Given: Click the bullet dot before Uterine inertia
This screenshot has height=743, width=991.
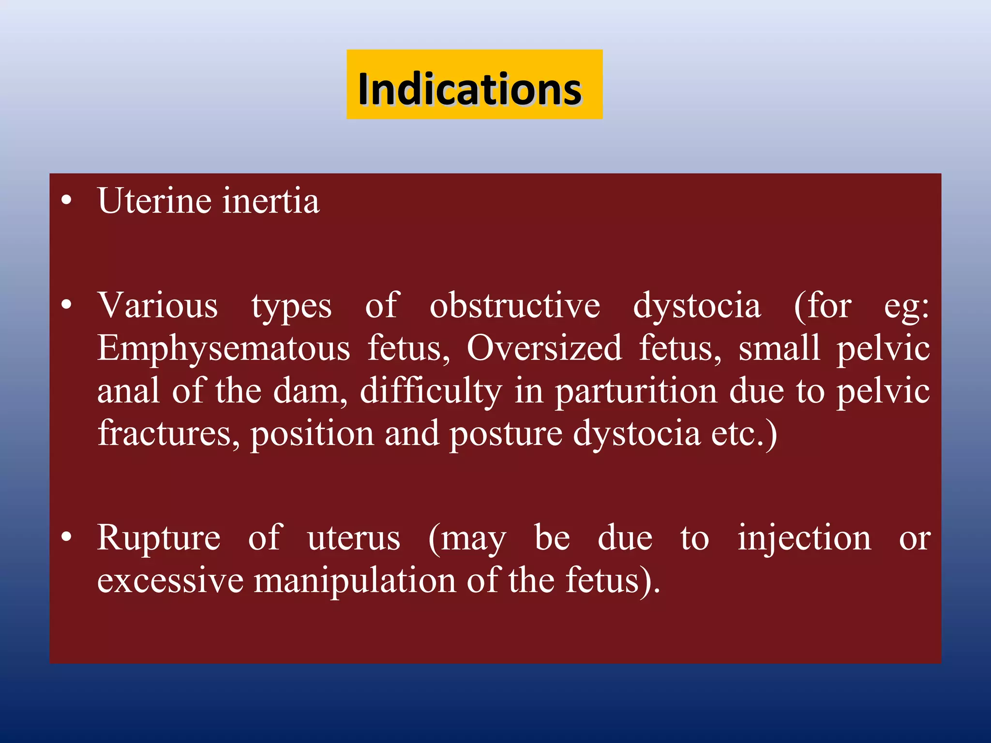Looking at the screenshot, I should (67, 200).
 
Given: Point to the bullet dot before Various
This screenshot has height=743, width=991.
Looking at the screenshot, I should (67, 305).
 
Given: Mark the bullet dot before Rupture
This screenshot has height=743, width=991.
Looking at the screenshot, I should (67, 537).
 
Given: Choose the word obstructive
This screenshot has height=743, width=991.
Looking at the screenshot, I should (515, 306).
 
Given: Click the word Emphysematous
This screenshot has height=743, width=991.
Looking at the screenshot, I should (224, 348).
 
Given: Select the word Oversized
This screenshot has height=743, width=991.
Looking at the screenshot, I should (544, 348).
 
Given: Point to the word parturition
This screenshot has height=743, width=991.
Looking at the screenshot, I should (636, 392).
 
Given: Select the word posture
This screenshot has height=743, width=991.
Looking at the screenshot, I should (506, 434).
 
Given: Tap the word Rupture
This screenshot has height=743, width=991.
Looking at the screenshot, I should (159, 538).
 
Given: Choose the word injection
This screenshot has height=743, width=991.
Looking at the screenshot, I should (804, 538).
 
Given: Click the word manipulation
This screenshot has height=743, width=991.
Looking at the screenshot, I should (355, 580).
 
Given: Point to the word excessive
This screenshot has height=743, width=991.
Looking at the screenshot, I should (170, 580).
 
